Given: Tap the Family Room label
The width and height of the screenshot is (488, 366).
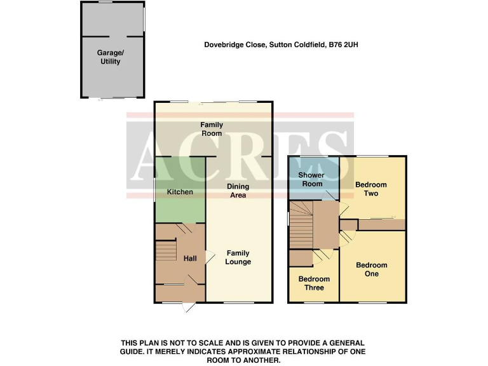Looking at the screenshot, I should (212, 129).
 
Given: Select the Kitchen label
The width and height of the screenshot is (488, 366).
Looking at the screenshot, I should (180, 191).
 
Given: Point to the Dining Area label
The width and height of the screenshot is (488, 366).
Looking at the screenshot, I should (238, 191).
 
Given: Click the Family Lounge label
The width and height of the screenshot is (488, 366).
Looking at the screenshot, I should (238, 257).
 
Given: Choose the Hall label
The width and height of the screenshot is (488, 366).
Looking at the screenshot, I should (190, 259).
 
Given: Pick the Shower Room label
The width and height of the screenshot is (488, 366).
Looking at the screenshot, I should (311, 179).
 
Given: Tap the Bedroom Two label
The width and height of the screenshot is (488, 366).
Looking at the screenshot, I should (370, 189).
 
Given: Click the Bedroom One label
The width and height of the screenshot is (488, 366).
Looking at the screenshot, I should (371, 269).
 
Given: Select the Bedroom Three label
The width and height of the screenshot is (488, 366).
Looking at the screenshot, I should (314, 283).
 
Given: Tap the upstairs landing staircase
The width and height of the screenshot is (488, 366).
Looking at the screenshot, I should (301, 226).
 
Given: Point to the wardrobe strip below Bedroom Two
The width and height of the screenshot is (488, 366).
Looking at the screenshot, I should (381, 224).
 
